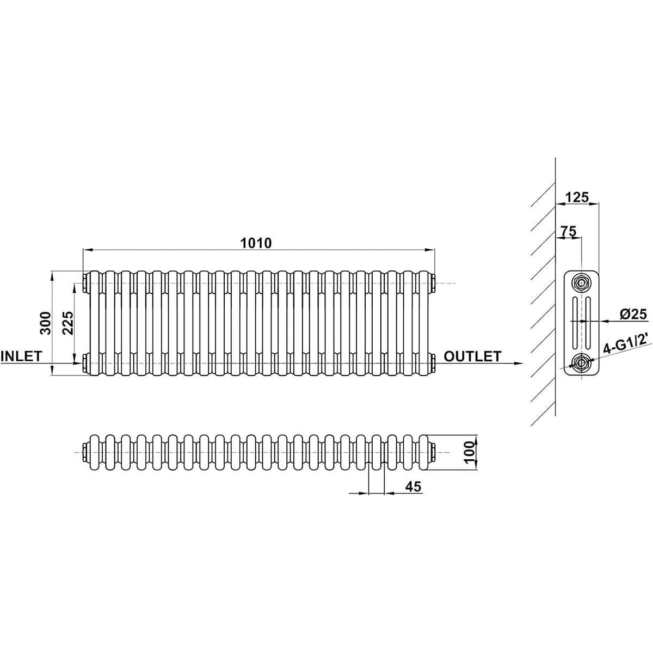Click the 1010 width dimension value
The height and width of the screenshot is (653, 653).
[x=256, y=243]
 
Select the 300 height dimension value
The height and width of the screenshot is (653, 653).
[x=45, y=323]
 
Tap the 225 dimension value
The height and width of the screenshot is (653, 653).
[x=68, y=323]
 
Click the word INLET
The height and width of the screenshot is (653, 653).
[x=22, y=356]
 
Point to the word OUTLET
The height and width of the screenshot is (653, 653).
[x=472, y=356]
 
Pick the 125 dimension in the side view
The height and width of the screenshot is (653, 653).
[x=577, y=197]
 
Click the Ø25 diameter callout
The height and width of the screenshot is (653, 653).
[x=633, y=314]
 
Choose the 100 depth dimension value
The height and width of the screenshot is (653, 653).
[x=469, y=452]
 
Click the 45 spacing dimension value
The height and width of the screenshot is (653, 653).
[x=413, y=486]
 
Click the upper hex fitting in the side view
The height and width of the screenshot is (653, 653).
[x=582, y=282]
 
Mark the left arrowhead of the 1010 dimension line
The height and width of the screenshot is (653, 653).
[x=88, y=250]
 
